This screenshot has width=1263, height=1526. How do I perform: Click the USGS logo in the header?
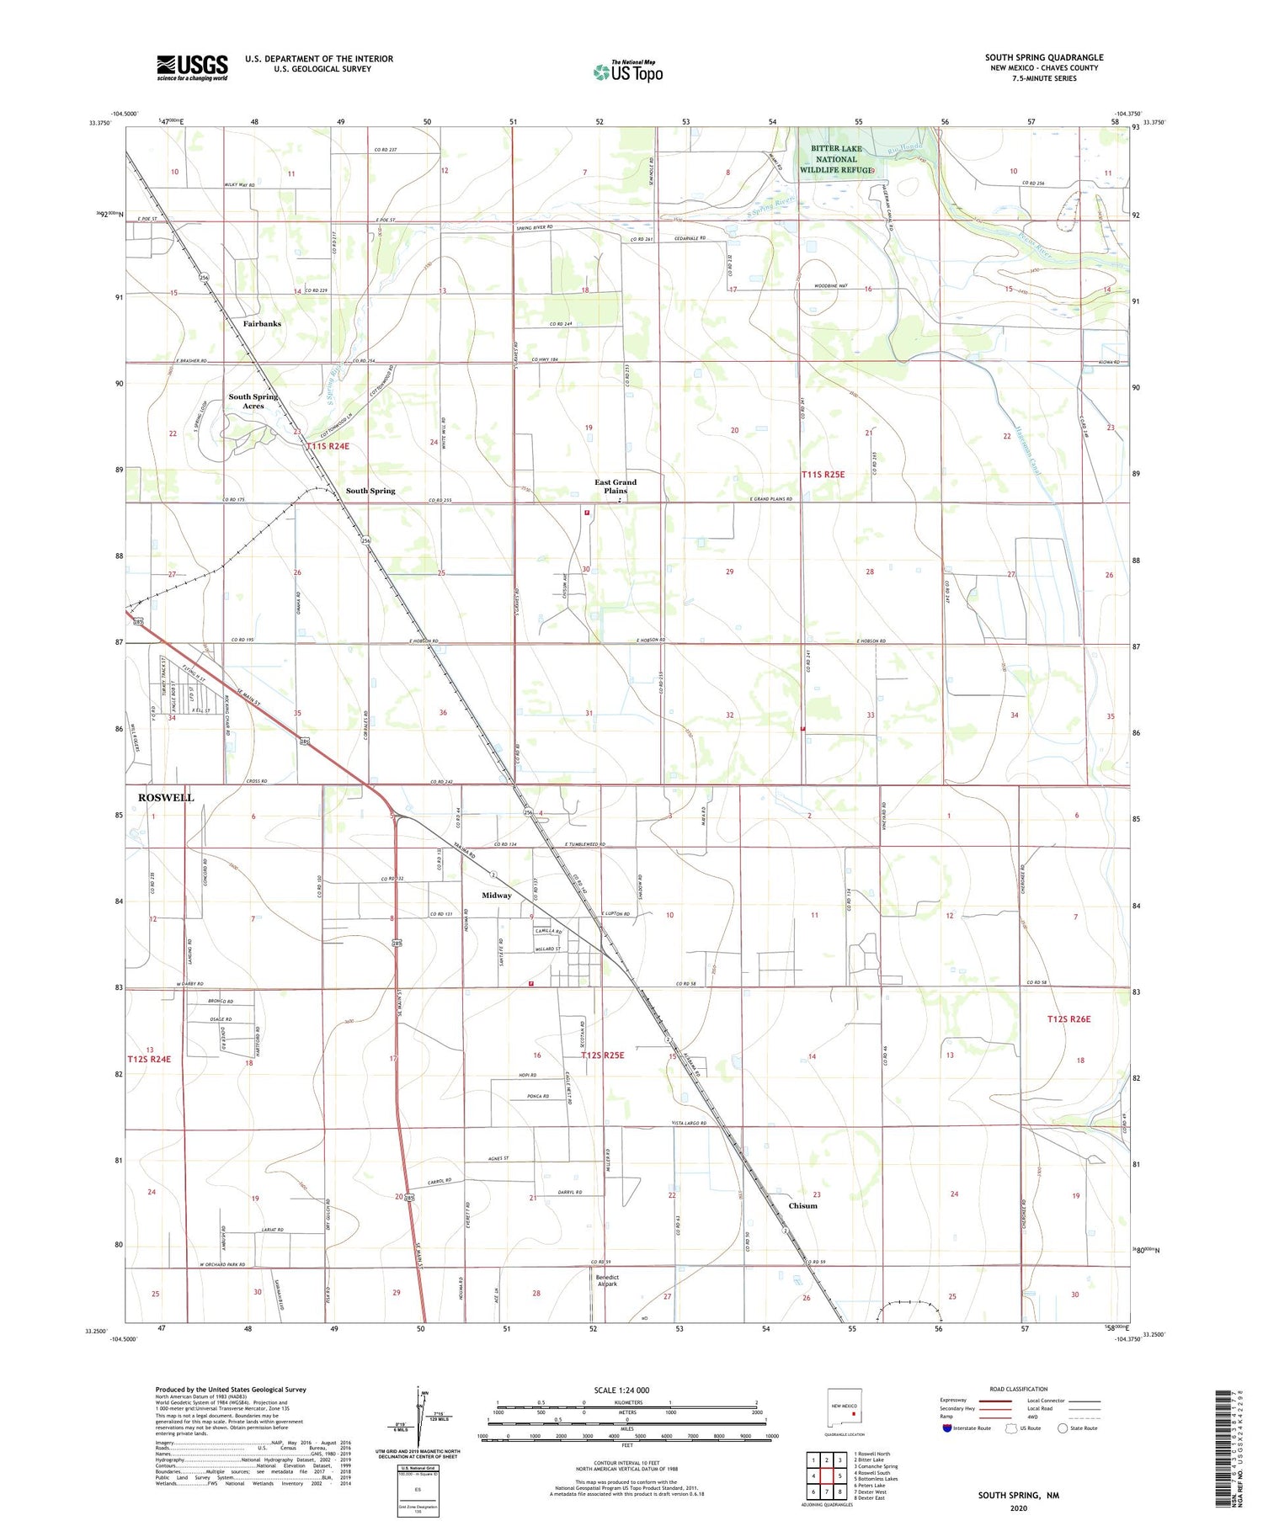[192, 67]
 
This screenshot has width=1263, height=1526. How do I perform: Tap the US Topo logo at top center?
[628, 72]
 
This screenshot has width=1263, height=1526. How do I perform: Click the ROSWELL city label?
[166, 797]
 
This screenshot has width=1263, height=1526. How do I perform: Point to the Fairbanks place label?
[262, 323]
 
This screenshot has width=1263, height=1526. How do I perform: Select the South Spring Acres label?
[253, 401]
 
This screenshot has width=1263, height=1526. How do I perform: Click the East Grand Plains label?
[616, 487]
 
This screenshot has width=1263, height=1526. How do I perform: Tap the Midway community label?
[497, 895]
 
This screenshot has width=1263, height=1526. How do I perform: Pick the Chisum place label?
[802, 1205]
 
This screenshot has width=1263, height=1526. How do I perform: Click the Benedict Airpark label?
[607, 1280]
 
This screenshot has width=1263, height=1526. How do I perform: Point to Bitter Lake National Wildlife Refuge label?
[836, 159]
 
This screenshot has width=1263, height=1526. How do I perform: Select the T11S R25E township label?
[823, 475]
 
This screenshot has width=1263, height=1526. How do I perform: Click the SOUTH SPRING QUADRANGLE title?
[1044, 57]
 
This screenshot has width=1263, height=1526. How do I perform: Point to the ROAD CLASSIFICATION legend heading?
[1019, 1389]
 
